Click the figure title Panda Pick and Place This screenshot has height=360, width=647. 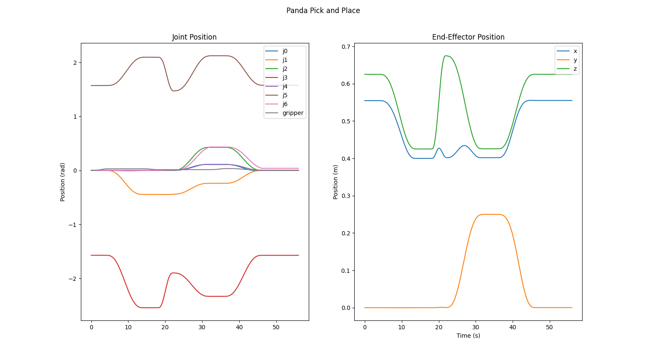(323, 11)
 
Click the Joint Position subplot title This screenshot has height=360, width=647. (194, 37)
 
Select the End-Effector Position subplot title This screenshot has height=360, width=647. (468, 37)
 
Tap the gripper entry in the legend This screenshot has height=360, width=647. (293, 113)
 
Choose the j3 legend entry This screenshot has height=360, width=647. (285, 77)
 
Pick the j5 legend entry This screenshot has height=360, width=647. (285, 95)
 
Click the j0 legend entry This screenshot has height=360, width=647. (285, 51)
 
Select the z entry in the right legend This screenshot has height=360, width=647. (575, 69)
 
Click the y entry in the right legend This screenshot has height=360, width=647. (575, 60)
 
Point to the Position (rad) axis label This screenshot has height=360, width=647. (63, 182)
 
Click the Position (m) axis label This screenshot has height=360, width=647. (336, 182)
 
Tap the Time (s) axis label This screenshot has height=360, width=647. (468, 336)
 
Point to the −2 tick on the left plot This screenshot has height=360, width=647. (73, 279)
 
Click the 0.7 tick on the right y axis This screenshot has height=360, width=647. (347, 47)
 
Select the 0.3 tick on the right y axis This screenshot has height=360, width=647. (347, 196)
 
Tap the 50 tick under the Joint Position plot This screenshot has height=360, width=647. (276, 327)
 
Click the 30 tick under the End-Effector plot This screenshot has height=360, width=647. (476, 327)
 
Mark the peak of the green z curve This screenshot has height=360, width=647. (446, 56)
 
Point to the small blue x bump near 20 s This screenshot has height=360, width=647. (439, 148)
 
